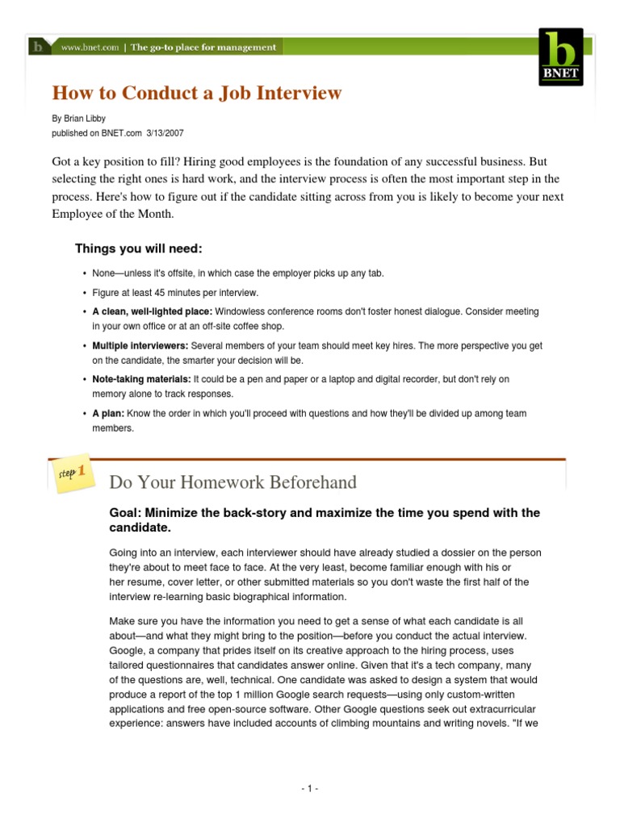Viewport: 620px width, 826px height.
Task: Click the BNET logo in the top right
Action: tap(562, 56)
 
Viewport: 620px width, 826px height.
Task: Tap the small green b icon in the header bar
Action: tap(38, 47)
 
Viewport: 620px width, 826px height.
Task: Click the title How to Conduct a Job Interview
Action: tap(198, 93)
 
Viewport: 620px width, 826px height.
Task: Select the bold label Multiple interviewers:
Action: tap(141, 345)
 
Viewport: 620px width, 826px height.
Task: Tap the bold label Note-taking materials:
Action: tap(141, 379)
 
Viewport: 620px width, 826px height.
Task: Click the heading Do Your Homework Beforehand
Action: tap(232, 482)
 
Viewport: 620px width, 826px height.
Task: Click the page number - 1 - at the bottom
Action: tap(309, 788)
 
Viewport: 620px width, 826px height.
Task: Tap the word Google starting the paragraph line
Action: tap(127, 649)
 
